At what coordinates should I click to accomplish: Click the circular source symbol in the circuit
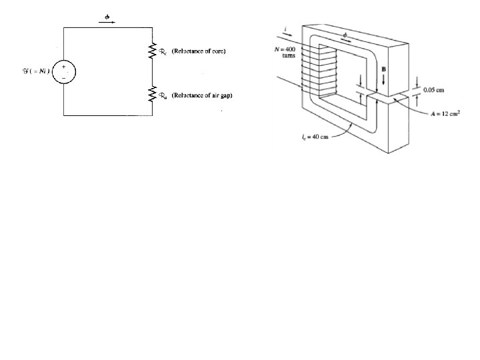click(64, 71)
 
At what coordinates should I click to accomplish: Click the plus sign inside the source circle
click(64, 66)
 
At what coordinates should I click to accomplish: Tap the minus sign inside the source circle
click(64, 77)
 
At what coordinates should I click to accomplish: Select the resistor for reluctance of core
click(152, 50)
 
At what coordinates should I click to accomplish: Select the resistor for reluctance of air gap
click(152, 95)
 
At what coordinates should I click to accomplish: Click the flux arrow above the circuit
click(107, 21)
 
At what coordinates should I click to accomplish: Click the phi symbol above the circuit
click(107, 15)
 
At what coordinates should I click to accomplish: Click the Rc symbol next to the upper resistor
click(163, 51)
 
